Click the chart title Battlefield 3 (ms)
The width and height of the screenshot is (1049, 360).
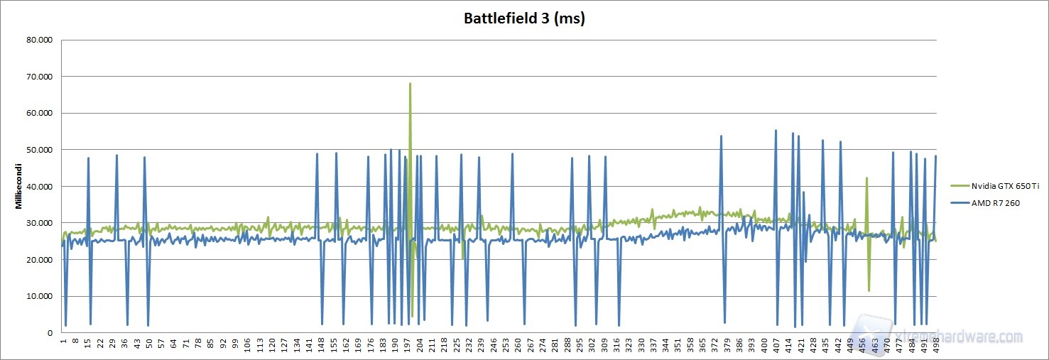524,18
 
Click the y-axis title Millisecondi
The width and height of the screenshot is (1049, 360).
21,186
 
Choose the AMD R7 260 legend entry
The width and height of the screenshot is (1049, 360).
987,203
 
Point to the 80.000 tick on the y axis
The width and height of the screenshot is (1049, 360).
38,40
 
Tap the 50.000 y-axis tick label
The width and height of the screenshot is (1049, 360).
38,150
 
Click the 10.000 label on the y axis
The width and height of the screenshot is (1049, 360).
38,296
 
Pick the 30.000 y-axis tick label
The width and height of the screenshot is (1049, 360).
38,223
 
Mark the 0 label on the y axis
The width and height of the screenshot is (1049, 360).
50,332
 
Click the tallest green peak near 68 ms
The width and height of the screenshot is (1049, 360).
410,84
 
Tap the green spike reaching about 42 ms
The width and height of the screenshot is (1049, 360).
866,178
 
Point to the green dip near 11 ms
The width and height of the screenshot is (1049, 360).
869,290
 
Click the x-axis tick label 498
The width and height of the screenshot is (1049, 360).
936,344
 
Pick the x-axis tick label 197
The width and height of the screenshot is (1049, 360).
408,344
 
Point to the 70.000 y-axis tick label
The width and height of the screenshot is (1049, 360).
38,77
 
